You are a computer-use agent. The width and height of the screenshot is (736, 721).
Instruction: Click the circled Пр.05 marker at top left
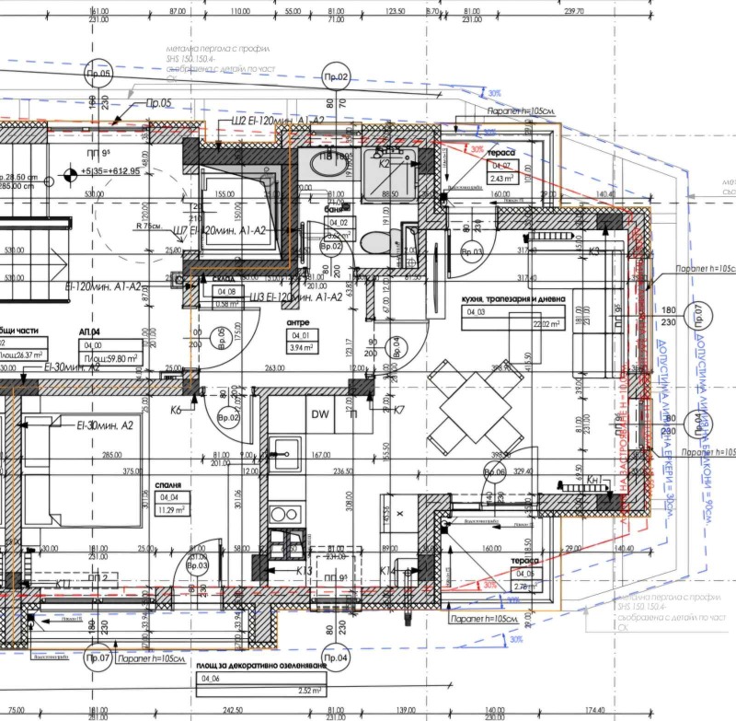(x=98, y=76)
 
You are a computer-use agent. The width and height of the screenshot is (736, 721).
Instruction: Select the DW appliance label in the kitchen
(x=320, y=414)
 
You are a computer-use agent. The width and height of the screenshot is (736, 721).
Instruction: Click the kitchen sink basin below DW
(x=285, y=451)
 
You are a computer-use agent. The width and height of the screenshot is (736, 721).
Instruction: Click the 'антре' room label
(x=298, y=322)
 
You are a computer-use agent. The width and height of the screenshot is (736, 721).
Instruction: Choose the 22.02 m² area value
(x=523, y=323)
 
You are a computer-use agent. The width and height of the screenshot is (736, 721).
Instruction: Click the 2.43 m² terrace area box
(x=500, y=179)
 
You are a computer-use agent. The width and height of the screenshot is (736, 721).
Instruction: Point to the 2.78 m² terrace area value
(x=500, y=586)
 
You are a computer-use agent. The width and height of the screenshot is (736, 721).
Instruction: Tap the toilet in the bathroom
(x=374, y=245)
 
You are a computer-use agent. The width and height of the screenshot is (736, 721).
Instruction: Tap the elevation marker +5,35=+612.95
(x=109, y=170)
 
